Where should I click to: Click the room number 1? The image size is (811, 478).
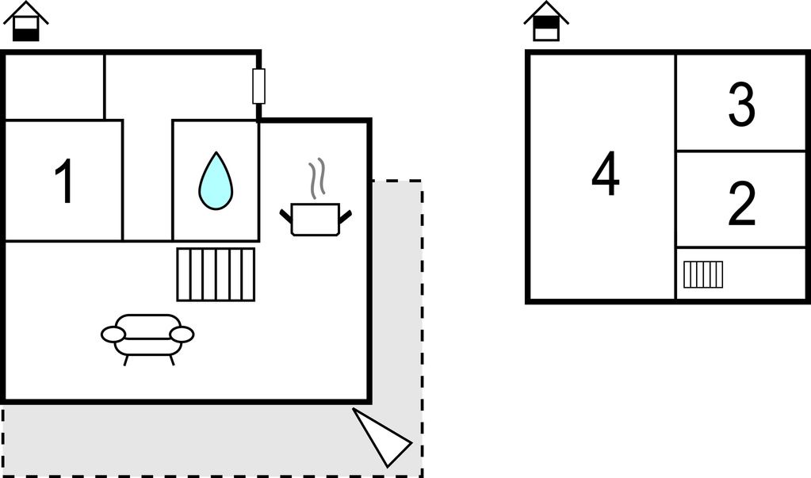coord(65,181)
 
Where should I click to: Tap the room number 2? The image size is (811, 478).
coord(742,203)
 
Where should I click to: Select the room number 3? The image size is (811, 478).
coord(742,105)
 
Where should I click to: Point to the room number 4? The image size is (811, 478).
coord(606,174)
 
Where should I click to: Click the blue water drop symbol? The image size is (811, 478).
coord(216,181)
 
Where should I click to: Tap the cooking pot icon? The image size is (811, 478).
coord(316,220)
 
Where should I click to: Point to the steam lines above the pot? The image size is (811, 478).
coord(317,178)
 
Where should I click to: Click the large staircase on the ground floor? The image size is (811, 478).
coord(216,274)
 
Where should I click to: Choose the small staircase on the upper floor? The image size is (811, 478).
coord(703,274)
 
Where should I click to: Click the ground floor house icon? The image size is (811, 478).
coord(26,21)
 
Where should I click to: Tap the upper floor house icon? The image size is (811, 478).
coord(546,21)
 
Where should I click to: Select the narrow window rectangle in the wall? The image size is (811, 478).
coord(258,86)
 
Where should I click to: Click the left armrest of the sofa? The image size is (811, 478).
coord(113,335)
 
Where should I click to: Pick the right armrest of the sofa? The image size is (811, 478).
coord(182,335)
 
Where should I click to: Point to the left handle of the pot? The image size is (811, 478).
coord(285,216)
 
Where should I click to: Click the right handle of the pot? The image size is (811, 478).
coord(346,216)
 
